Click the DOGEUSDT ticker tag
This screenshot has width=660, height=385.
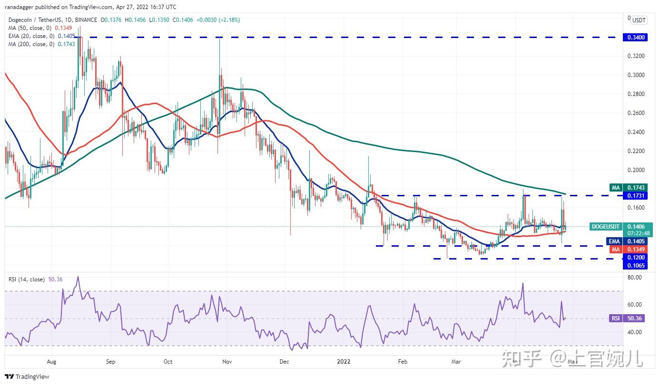pyautogui.click(x=606, y=227)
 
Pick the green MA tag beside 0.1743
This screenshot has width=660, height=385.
pyautogui.click(x=616, y=188)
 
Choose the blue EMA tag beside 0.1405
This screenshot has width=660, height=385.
pyautogui.click(x=615, y=241)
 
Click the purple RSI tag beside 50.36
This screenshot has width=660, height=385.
pyautogui.click(x=615, y=318)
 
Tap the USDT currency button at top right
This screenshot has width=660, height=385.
pyautogui.click(x=638, y=20)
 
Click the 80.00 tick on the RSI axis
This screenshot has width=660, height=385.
pyautogui.click(x=635, y=277)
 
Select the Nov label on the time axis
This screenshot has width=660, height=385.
pyautogui.click(x=227, y=362)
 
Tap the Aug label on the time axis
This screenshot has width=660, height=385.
pyautogui.click(x=52, y=362)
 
